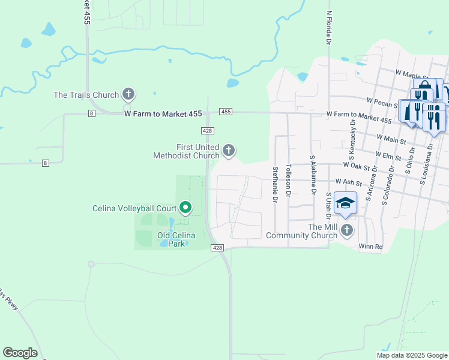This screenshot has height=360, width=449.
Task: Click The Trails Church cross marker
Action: tap(128, 94)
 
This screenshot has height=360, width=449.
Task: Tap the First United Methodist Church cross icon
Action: tap(228, 150)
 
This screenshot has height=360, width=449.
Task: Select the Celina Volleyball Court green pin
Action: tap(185, 208)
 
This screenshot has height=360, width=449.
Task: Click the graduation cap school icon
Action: tap(346, 203)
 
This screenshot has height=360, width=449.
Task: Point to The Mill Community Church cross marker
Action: tap(346, 230)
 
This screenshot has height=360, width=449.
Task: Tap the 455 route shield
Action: tap(226, 112)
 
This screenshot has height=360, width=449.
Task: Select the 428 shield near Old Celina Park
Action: tap(217, 248)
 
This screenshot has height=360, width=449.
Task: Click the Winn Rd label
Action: tap(371, 246)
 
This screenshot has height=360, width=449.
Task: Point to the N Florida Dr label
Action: tap(329, 28)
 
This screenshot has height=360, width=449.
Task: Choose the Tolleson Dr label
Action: tap(289, 181)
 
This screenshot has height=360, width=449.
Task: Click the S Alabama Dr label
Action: tap(313, 175)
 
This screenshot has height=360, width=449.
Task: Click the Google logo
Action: tap(20, 353)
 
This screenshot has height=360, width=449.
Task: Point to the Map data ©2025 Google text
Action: tap(412, 355)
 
